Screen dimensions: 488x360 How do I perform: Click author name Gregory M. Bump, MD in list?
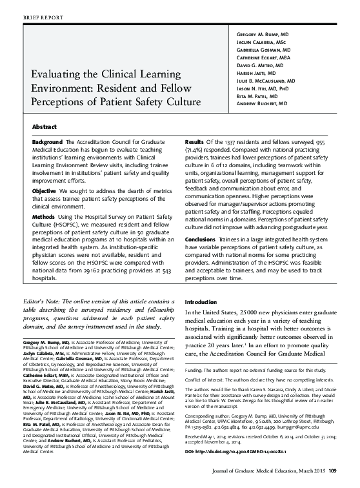(x=263, y=32)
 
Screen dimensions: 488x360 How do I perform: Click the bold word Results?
(x=195, y=141)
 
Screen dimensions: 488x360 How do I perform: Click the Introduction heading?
(x=202, y=302)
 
